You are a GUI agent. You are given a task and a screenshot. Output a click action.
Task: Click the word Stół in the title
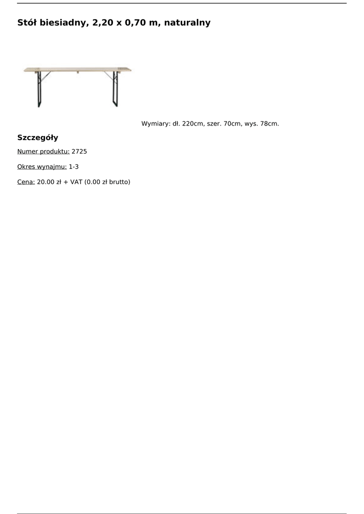click(x=27, y=23)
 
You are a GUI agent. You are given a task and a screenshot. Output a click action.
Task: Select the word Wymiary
click(x=156, y=123)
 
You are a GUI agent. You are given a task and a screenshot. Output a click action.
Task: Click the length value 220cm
click(x=193, y=123)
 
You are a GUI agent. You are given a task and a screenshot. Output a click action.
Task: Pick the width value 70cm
click(x=232, y=123)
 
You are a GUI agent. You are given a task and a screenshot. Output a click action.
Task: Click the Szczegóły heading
click(x=38, y=138)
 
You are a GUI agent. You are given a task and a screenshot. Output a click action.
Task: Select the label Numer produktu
click(x=43, y=151)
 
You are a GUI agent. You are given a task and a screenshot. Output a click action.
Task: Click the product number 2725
click(x=79, y=151)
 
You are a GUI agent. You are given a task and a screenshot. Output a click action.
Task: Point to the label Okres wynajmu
click(x=42, y=167)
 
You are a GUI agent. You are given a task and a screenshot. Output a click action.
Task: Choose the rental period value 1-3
click(x=74, y=167)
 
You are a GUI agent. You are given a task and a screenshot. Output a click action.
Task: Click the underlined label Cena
click(x=26, y=182)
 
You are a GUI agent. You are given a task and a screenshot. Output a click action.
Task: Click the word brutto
click(x=118, y=182)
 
